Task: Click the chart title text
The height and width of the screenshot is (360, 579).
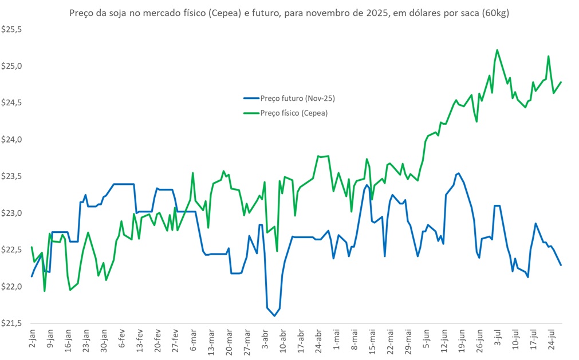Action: pos(289,13)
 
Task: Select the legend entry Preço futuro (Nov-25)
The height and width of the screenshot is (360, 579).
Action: pos(297,98)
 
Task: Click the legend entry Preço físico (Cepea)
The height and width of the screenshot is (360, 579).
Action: pos(294,113)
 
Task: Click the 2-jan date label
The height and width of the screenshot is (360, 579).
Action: pos(32,339)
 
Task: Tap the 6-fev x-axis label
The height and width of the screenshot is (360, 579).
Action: pos(122,339)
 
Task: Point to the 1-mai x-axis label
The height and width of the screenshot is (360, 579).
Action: pos(337,339)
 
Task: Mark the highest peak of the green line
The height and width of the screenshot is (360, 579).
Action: pos(497,50)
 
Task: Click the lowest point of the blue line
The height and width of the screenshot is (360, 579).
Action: pos(274,315)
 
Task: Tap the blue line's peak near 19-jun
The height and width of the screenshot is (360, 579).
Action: pos(458,173)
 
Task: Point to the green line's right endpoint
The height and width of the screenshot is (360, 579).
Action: pos(561,82)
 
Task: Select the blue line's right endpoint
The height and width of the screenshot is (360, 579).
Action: pos(561,265)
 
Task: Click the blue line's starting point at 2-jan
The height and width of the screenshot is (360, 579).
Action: pos(31,276)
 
